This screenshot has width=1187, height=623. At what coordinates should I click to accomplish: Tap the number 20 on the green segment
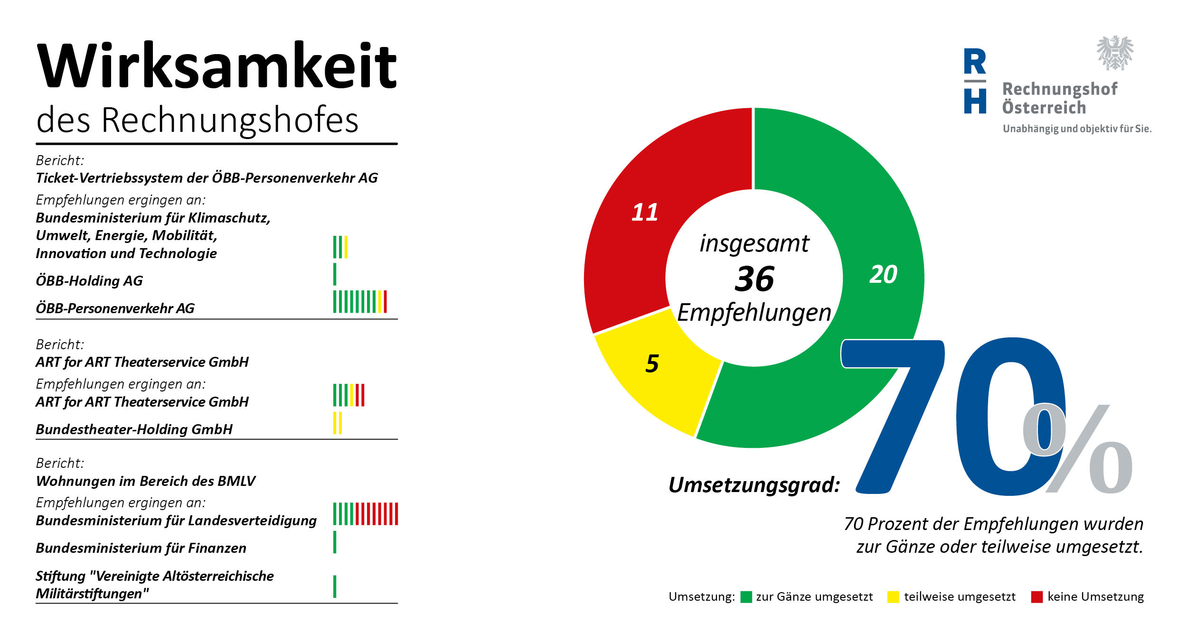tap(883, 274)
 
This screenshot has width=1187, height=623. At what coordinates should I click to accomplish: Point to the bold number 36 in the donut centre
tap(754, 279)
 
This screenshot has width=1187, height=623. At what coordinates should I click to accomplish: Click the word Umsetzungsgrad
tap(754, 484)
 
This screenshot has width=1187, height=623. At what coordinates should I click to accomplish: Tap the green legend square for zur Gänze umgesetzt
tap(746, 597)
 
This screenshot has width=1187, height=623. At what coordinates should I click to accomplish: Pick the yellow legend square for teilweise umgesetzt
tap(893, 597)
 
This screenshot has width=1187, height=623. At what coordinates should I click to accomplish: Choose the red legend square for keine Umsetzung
tap(1037, 597)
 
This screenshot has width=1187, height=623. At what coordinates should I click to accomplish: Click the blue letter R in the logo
tap(975, 61)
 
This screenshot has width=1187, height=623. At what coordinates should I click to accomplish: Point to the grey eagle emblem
tap(1115, 53)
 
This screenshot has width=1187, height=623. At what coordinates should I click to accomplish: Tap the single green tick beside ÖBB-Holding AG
tap(335, 274)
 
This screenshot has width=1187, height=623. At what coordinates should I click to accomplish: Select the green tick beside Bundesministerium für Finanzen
tap(335, 542)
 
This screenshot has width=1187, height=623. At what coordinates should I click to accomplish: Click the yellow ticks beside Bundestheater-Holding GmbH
tap(338, 423)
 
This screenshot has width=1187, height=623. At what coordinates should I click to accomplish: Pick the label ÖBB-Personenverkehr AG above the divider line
tap(115, 308)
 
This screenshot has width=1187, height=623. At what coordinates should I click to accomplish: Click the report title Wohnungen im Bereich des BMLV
tap(146, 481)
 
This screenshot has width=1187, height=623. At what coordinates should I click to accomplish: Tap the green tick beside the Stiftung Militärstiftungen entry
tap(335, 586)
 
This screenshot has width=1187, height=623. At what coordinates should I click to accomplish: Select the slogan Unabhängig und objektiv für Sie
tap(1077, 129)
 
